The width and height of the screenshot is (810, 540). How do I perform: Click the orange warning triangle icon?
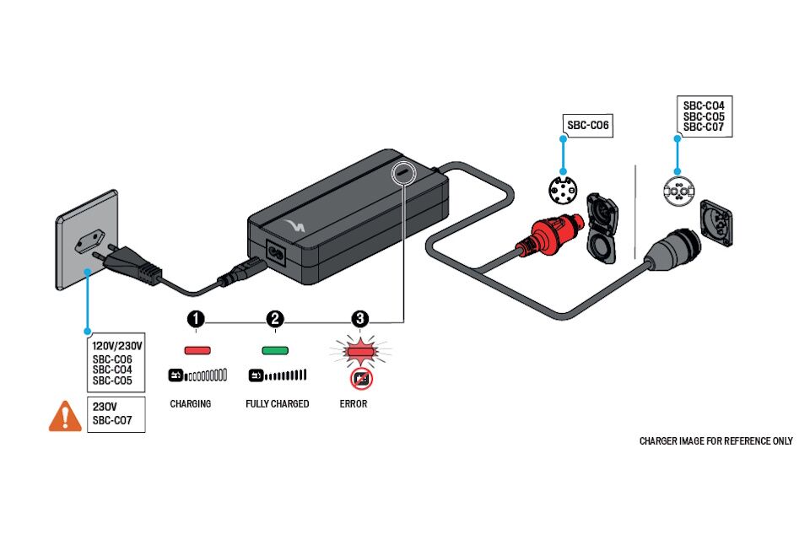tap(65, 416)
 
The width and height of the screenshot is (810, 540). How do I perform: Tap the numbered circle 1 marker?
tap(196, 319)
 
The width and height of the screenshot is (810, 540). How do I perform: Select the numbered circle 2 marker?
tap(275, 319)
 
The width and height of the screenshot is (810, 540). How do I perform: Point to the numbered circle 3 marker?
tap(360, 319)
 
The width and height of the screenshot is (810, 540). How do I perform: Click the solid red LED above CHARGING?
tap(197, 349)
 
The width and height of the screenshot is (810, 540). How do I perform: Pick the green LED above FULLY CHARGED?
tap(275, 349)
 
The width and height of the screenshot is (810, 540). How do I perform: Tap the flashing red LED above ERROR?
tap(360, 349)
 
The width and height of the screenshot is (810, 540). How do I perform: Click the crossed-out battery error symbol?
tap(361, 379)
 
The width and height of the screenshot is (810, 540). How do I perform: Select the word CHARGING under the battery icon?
tap(191, 404)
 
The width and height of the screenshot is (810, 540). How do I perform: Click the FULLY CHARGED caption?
tap(278, 404)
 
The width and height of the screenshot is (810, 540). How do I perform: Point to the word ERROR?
tap(354, 404)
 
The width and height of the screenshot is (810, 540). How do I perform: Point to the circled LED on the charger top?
tap(404, 171)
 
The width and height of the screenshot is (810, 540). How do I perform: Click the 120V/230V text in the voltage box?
tap(117, 346)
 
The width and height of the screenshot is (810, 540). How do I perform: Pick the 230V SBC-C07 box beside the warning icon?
tap(116, 414)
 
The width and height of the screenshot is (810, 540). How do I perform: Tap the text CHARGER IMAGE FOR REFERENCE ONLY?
tap(715, 441)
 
